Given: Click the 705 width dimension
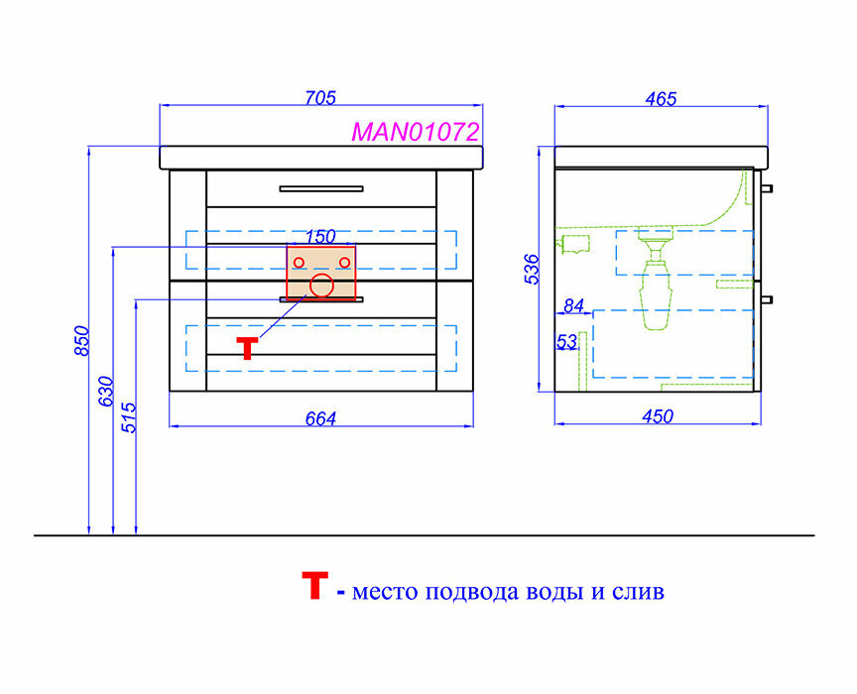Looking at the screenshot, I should click(x=320, y=98).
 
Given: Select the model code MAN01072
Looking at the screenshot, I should click(x=416, y=132).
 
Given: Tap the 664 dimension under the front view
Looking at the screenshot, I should click(x=320, y=418).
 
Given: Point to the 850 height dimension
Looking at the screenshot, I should click(x=82, y=340).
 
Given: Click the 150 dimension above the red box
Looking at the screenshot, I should click(x=320, y=237).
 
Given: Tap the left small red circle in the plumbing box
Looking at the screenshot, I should click(x=298, y=262).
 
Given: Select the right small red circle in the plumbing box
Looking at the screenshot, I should click(x=344, y=262).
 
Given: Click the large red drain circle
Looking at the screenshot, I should click(x=321, y=287).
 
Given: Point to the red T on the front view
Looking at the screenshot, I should click(x=247, y=348).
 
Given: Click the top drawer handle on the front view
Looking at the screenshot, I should click(x=320, y=187).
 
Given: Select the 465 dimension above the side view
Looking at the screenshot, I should click(x=660, y=98).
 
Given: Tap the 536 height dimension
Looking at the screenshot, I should click(x=532, y=270).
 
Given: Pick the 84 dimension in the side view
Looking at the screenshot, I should click(x=573, y=306).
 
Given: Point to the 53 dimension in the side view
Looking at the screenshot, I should click(x=566, y=342).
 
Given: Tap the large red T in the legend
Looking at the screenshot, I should click(x=312, y=587).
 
